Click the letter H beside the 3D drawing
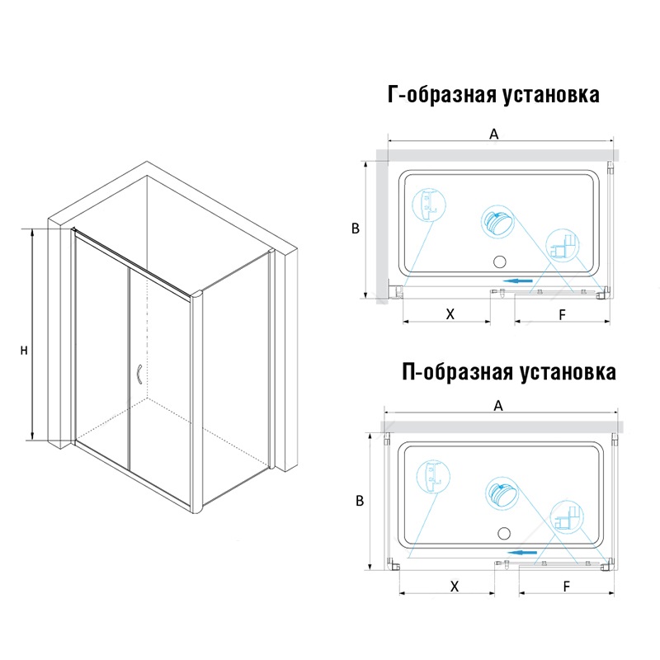(24, 350)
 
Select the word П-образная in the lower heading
(457, 372)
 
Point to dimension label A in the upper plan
(493, 134)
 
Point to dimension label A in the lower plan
(498, 406)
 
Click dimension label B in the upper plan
(356, 229)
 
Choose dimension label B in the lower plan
(360, 501)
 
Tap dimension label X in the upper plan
(450, 314)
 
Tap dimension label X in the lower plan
(455, 587)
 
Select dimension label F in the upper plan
(563, 314)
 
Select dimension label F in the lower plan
(567, 587)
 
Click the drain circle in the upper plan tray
(500, 262)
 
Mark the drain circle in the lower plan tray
(504, 534)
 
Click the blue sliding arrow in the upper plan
(518, 280)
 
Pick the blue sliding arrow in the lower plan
(522, 553)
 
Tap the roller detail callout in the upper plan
(497, 221)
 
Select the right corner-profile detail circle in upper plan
(563, 246)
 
